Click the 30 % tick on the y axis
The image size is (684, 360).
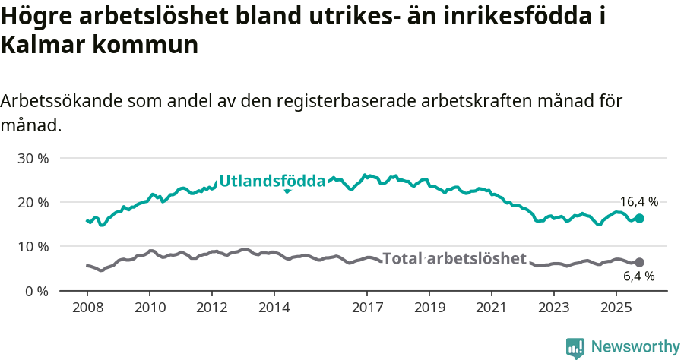pyautogui.click(x=33, y=159)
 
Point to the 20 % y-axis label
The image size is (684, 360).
pyautogui.click(x=33, y=203)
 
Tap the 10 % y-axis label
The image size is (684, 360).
pyautogui.click(x=33, y=247)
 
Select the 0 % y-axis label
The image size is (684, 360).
pyautogui.click(x=36, y=291)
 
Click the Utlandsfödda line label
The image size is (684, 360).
pyautogui.click(x=272, y=181)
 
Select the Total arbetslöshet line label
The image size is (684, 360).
pyautogui.click(x=454, y=258)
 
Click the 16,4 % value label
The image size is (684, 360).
pyautogui.click(x=638, y=202)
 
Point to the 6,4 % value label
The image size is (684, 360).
pyautogui.click(x=638, y=276)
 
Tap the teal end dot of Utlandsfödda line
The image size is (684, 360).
pyautogui.click(x=639, y=218)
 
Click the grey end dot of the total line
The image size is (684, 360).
pyautogui.click(x=639, y=262)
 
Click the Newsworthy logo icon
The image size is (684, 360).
pyautogui.click(x=575, y=347)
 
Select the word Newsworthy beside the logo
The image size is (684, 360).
pyautogui.click(x=635, y=347)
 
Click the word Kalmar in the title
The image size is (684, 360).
pyautogui.click(x=43, y=45)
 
